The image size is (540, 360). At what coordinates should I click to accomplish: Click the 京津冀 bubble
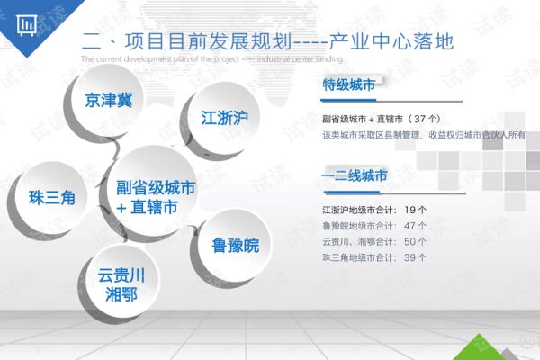(108, 100)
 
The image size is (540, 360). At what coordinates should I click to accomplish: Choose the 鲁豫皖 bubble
(235, 245)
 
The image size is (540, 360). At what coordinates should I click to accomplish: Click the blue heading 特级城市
(348, 85)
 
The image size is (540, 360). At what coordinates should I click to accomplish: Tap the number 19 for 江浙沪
(409, 210)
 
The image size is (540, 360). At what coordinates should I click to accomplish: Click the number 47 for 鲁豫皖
(409, 226)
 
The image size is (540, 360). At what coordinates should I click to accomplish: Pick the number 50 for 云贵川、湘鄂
(409, 242)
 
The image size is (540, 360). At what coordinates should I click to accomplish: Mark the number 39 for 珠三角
(409, 258)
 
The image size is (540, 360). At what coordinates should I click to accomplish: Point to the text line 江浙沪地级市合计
(357, 210)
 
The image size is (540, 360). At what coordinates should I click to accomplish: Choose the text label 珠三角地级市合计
(357, 258)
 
